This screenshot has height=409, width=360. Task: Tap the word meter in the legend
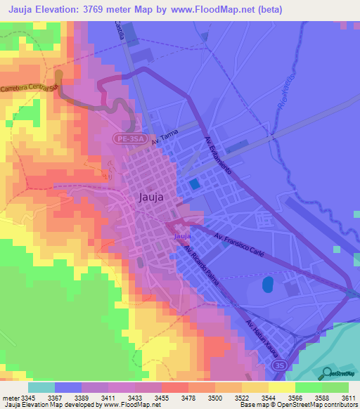(x=8, y=398)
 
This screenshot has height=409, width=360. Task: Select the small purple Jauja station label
(x=183, y=237)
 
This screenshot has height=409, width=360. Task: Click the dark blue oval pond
(x=267, y=285)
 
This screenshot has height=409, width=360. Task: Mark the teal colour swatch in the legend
(x=41, y=387)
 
